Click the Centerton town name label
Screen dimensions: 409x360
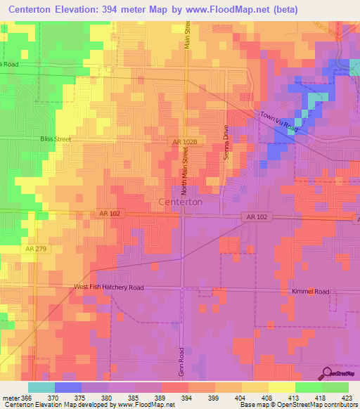181,202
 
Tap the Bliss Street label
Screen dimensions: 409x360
56,139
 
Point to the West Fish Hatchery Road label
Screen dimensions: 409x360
109,287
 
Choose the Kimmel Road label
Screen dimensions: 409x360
310,291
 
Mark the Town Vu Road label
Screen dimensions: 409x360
279,122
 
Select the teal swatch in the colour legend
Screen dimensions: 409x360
41,387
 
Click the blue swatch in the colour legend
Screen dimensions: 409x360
67,387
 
